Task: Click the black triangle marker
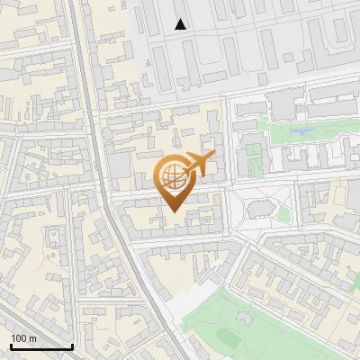[181, 24]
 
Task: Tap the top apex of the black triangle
[181, 19]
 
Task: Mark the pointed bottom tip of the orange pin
[172, 211]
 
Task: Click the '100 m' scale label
[23, 337]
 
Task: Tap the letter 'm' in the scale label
[32, 337]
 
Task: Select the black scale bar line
[40, 346]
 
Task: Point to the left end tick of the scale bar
[10, 345]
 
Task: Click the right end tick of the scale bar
[72, 345]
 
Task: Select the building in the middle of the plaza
[261, 210]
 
